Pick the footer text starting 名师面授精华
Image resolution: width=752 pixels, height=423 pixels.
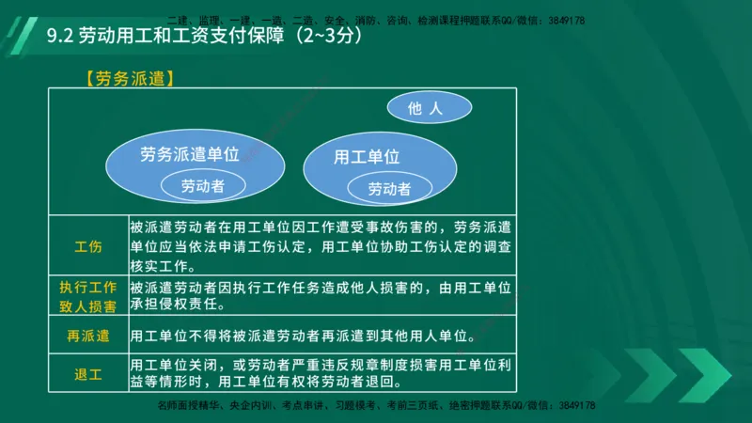click(x=376, y=405)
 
